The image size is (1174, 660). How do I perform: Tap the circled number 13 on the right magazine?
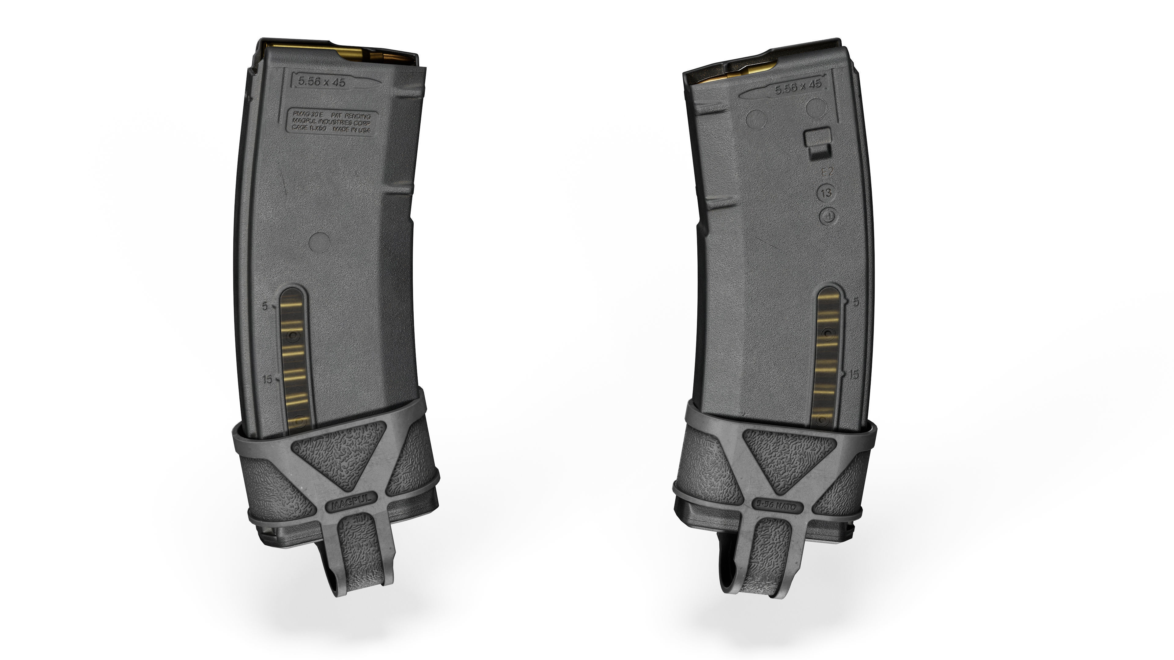(x=826, y=193)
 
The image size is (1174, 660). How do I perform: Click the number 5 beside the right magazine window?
(x=855, y=302)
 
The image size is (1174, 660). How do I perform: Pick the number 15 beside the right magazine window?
(x=854, y=374)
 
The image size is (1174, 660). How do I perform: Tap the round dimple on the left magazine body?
(x=319, y=242)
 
